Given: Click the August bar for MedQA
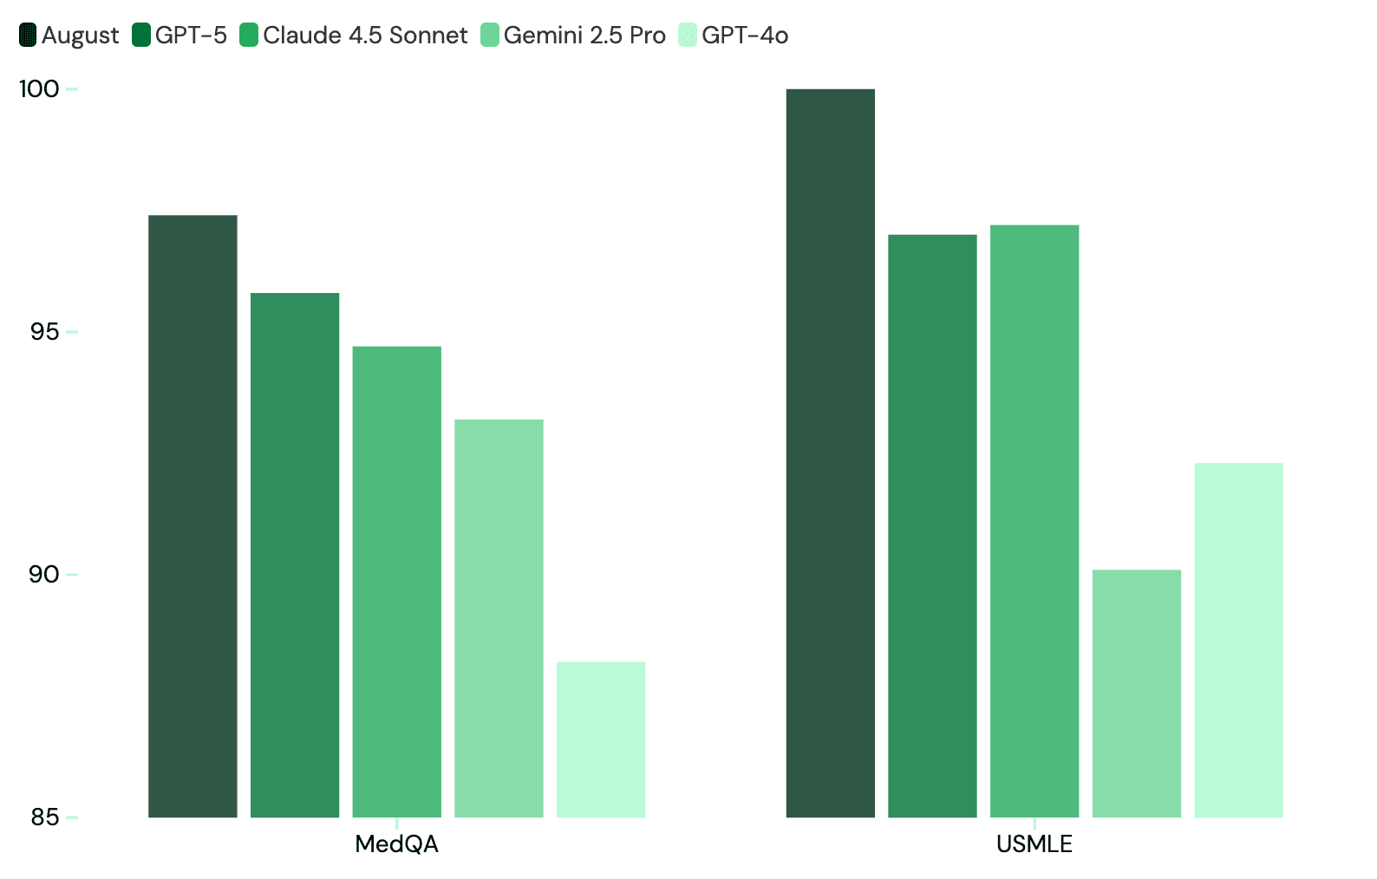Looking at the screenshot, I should click(x=193, y=516).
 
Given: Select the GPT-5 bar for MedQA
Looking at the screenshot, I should click(x=295, y=555).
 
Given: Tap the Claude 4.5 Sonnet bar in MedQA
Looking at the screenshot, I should click(x=396, y=581).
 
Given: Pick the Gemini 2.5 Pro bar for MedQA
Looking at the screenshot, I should click(x=499, y=617).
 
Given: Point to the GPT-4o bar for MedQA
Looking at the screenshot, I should click(x=601, y=739).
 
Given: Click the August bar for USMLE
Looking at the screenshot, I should click(x=830, y=453).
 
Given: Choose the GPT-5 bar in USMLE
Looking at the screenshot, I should click(x=932, y=525).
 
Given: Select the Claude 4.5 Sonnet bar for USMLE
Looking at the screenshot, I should click(x=1034, y=520).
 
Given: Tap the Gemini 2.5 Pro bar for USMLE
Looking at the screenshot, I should click(x=1136, y=693).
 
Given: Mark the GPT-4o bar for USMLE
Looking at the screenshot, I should click(x=1238, y=640).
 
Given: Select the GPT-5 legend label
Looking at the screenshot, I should click(x=191, y=36).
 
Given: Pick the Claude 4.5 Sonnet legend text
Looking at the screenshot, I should click(x=364, y=36).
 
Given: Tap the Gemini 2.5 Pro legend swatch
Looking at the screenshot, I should click(x=490, y=36).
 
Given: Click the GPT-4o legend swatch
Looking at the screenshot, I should click(x=688, y=36).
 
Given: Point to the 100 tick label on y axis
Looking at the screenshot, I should click(x=39, y=88).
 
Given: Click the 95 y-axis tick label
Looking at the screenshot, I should click(x=44, y=331).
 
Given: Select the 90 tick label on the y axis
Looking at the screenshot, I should click(x=44, y=574).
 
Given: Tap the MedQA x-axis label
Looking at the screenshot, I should click(x=396, y=844).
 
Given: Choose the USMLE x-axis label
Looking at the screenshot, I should click(x=1034, y=844).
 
